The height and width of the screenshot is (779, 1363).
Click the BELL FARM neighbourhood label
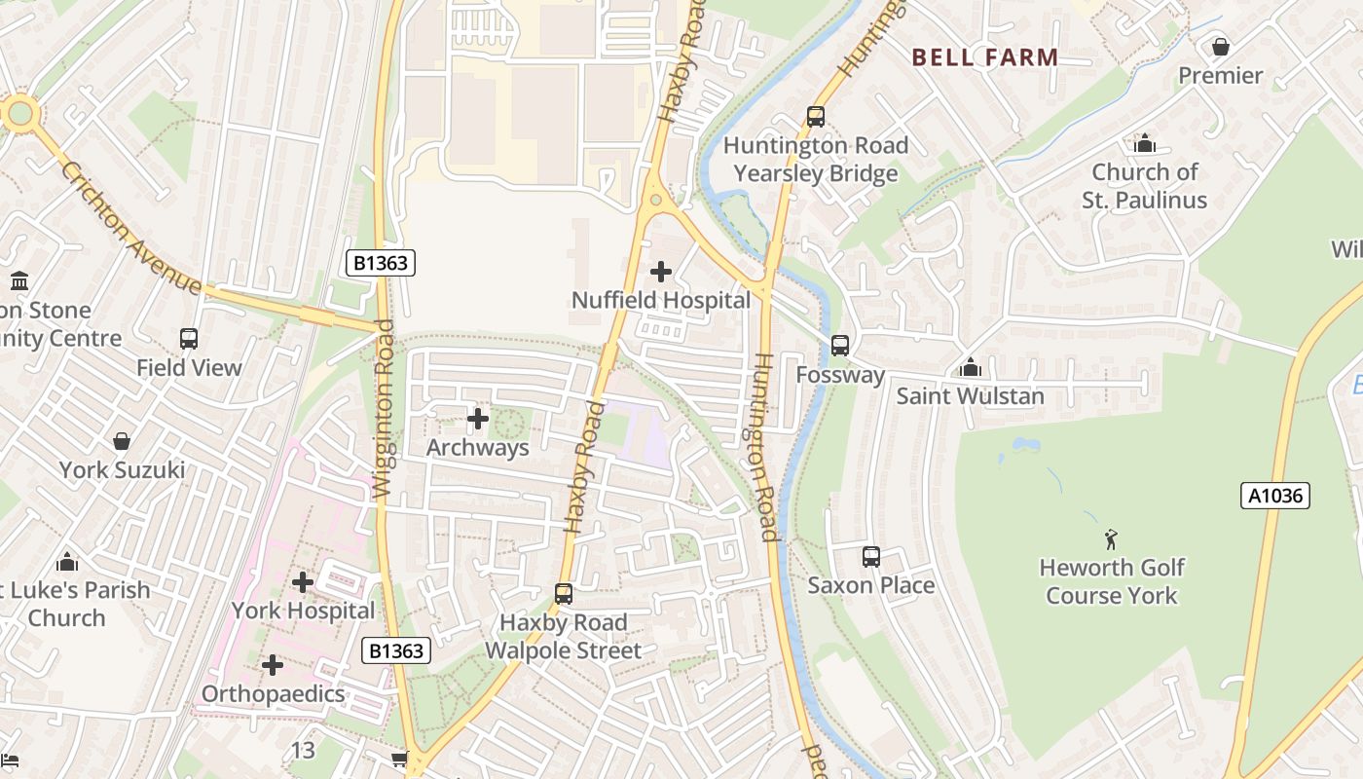point(985,57)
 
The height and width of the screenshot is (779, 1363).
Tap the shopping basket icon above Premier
point(1220,47)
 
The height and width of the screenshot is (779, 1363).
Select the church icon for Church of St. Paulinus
point(1145,144)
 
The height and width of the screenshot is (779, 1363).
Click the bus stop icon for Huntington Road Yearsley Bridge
point(816,117)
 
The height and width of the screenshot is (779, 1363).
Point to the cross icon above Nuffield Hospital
point(661,272)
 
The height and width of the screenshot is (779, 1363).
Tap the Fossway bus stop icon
point(839,346)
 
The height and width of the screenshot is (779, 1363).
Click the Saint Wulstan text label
point(970,396)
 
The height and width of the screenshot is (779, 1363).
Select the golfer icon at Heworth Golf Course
point(1111,538)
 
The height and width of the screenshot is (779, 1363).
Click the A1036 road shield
point(1275,496)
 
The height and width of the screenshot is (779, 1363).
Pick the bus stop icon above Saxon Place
point(871,557)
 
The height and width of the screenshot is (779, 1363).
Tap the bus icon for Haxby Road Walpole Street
point(563,594)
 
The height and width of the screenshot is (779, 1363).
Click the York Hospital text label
point(303,611)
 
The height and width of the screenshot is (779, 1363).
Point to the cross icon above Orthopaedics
point(273,665)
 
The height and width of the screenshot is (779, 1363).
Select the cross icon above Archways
point(478,420)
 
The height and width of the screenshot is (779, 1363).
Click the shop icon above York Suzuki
point(122,442)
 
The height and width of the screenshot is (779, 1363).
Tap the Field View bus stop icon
point(189,339)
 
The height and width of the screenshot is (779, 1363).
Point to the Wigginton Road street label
point(384,409)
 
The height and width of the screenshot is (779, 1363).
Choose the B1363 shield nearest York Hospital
point(396,650)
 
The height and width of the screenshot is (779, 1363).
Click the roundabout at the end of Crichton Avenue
point(19,113)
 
